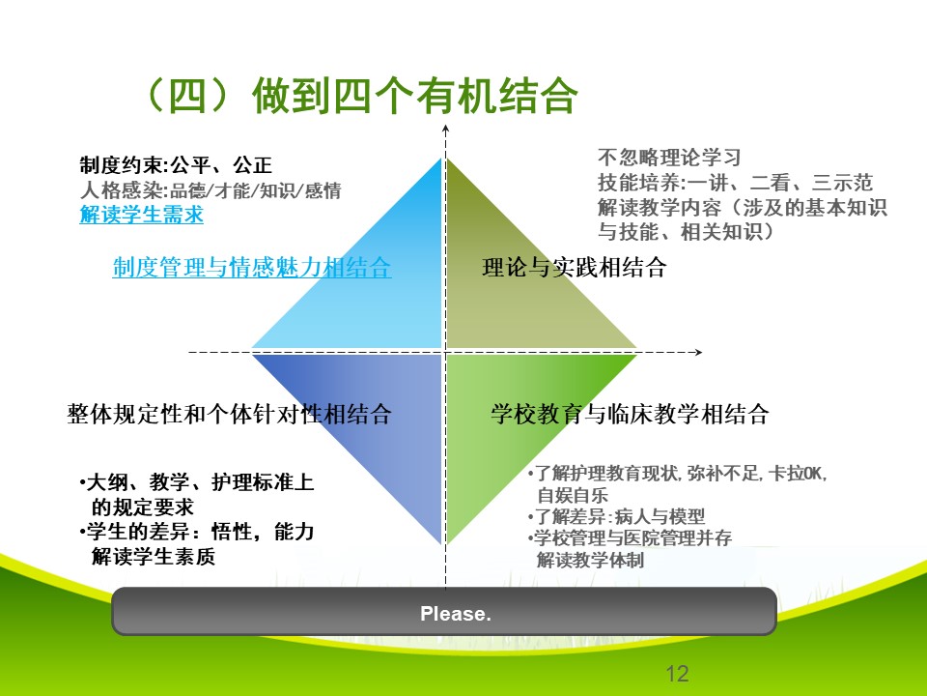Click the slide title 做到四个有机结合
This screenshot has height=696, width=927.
(x=415, y=96)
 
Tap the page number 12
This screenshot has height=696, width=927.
(x=677, y=674)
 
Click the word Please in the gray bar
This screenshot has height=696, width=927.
(x=455, y=613)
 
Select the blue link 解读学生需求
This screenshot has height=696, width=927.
(x=141, y=215)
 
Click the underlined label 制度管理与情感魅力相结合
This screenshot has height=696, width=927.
(x=252, y=268)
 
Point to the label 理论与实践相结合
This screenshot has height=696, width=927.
(x=574, y=268)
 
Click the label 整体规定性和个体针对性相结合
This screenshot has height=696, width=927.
(x=230, y=414)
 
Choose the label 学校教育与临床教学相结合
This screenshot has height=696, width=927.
(x=630, y=414)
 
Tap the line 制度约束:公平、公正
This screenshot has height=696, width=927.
(x=176, y=165)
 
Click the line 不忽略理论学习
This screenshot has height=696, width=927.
(x=669, y=158)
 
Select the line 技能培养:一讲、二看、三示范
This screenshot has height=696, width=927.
(x=735, y=183)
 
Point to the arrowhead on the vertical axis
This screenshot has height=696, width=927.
(x=446, y=129)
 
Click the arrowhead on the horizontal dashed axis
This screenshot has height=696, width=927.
(x=698, y=352)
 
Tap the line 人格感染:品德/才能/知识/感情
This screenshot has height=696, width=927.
(x=211, y=190)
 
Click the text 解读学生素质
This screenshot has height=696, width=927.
(x=154, y=557)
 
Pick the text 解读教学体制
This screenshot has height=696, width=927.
(x=590, y=560)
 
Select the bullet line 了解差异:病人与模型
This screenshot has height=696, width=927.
(x=616, y=516)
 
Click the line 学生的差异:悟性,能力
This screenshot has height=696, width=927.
(x=196, y=532)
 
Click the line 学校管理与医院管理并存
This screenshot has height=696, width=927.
(x=630, y=538)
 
